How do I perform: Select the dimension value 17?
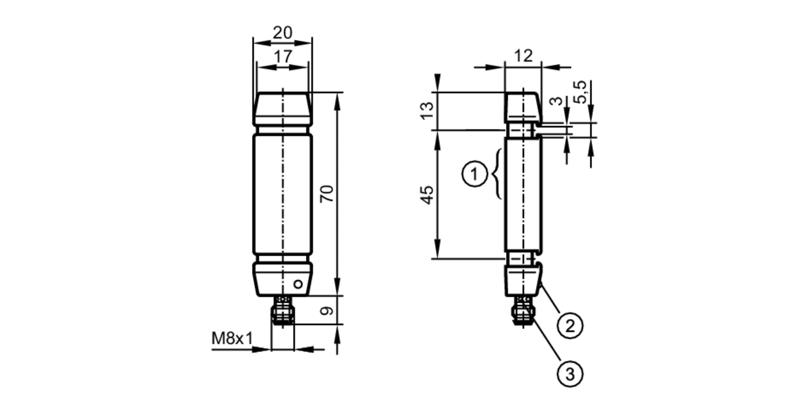pos(282,57)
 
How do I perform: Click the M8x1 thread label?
pos(232,338)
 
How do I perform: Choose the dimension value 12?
pos(523,56)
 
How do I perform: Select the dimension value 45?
pos(428,195)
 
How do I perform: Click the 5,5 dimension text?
pos(581,92)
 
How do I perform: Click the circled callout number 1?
pos(474,174)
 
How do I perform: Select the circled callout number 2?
pos(570,325)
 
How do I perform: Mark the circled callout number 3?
pos(570,374)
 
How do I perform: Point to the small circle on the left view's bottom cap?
pos(298,284)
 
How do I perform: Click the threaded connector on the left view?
pos(283,310)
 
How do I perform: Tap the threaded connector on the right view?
pos(523,311)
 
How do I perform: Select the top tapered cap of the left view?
pos(282,108)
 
